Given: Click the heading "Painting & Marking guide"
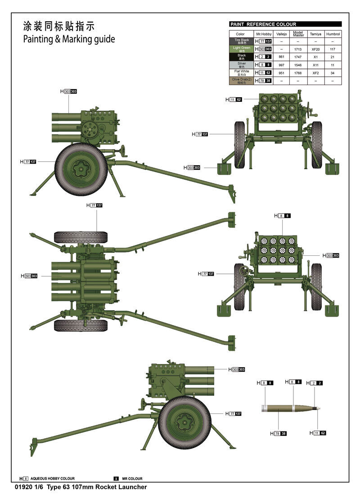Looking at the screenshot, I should click(x=69, y=39).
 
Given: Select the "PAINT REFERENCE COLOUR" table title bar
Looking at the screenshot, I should click(x=285, y=24).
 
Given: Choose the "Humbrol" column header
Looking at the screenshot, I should click(x=333, y=34).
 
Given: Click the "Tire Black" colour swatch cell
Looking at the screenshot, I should click(x=240, y=41).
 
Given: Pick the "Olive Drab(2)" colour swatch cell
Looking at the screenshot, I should click(x=240, y=81).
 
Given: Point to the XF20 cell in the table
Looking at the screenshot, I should click(x=315, y=49).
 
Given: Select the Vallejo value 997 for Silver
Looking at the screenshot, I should click(x=282, y=65).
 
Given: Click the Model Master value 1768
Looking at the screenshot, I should click(x=298, y=73).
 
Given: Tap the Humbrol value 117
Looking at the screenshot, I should click(x=333, y=49).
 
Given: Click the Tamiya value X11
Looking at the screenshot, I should click(x=315, y=65).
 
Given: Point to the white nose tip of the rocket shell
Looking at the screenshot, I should click(x=319, y=409).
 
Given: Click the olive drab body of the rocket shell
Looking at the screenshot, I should click(x=279, y=409).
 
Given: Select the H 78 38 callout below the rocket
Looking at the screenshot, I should click(x=279, y=434).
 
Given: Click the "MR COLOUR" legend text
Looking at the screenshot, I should click(x=132, y=478).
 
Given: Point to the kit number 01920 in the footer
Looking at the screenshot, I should click(x=23, y=487).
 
